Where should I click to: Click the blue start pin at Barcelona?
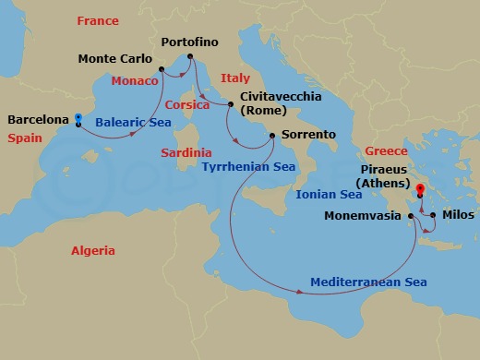(x=78, y=118)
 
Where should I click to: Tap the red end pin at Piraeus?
(x=420, y=191)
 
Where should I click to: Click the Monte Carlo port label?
(x=114, y=59)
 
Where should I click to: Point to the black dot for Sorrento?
(x=272, y=136)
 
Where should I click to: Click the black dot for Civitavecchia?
(x=231, y=105)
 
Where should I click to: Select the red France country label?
(x=98, y=20)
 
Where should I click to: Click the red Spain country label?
(x=24, y=138)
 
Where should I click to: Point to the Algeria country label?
(x=93, y=250)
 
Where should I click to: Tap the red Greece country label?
(x=386, y=150)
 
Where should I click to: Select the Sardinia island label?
(x=186, y=151)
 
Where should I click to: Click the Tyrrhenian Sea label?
(x=249, y=167)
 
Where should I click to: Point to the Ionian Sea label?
(x=329, y=195)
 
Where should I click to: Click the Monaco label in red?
(x=136, y=80)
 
